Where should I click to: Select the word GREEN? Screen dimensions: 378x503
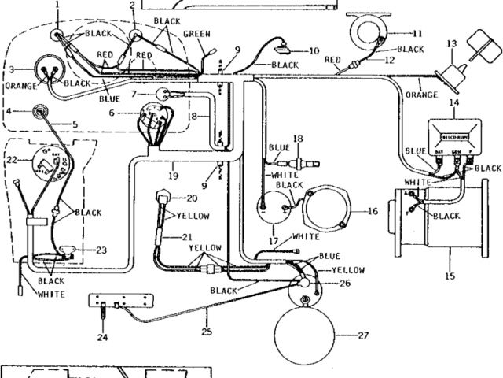pos(196,34)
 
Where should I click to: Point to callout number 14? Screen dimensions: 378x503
pos(455,103)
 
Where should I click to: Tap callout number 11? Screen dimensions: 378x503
pos(417,33)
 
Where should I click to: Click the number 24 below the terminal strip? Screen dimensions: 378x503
pos(102,339)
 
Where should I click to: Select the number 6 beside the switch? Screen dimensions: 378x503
pos(112,113)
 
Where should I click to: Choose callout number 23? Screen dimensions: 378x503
pos(101,250)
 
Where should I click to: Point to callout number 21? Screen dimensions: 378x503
pos(187,236)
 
